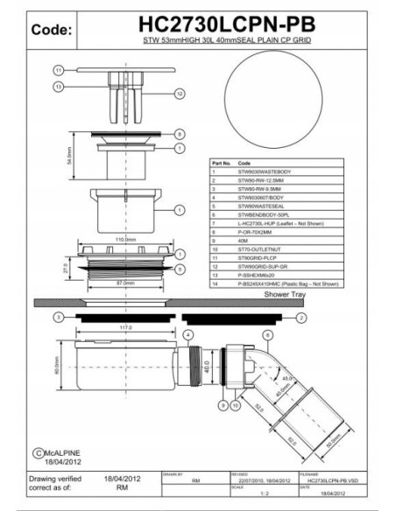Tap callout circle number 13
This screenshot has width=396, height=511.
point(58,86)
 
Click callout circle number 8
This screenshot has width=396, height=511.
point(179,134)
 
